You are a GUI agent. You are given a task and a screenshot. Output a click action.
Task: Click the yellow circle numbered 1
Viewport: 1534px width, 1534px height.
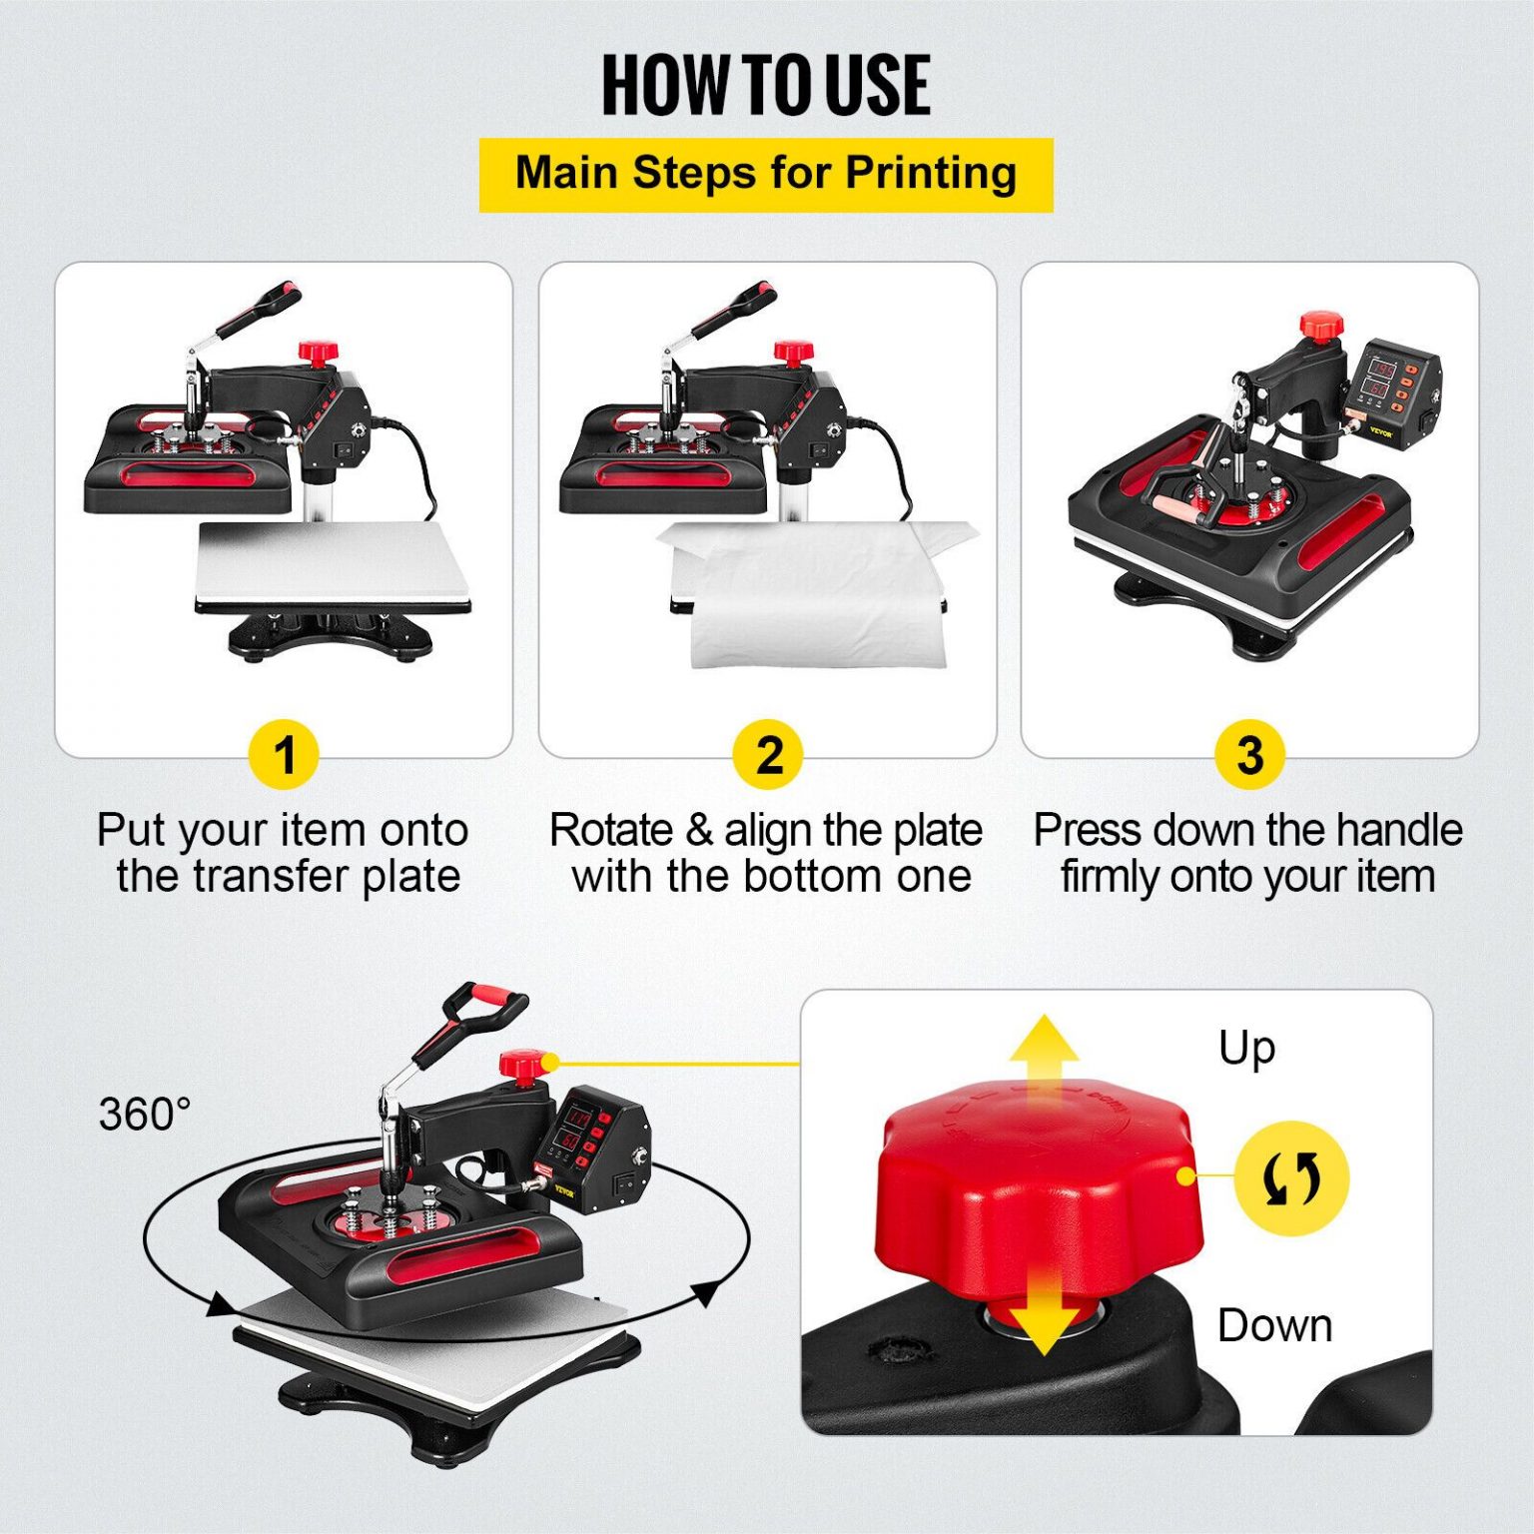pos(284,755)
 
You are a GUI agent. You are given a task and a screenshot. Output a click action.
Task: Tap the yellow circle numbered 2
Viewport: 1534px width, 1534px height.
pos(767,755)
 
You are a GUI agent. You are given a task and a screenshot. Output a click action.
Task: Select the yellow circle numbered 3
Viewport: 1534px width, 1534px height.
pos(1249,755)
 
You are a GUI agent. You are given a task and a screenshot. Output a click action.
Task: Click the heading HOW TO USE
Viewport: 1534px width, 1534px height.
pos(766,86)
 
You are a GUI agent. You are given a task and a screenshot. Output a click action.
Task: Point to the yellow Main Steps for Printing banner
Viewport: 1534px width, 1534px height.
pos(766,175)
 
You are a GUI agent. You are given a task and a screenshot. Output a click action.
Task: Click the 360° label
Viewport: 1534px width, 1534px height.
pos(145,1114)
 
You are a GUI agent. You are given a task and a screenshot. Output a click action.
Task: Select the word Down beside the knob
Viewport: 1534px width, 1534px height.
pos(1274,1325)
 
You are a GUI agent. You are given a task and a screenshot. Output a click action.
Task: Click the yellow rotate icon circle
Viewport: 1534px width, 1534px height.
pos(1291,1178)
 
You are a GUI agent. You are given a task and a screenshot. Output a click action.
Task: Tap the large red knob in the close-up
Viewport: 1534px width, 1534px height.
pos(1036,1188)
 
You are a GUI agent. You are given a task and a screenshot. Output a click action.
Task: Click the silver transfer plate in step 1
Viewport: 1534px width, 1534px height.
pos(333,564)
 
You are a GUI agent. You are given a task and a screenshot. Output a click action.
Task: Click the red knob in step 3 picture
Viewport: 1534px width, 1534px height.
pos(1321,326)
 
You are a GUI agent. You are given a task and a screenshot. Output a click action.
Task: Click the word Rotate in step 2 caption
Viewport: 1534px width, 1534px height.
pos(611,831)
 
